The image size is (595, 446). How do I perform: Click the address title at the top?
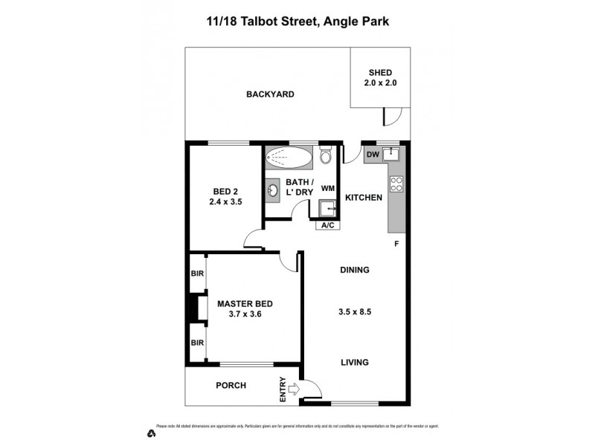[x=297, y=22]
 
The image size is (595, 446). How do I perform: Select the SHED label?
[x=379, y=72]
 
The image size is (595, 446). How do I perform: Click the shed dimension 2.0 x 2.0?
[x=379, y=83]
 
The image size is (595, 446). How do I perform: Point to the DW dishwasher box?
[x=373, y=155]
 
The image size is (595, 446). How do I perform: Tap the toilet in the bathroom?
[x=325, y=158]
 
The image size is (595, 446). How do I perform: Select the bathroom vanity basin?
[x=274, y=192]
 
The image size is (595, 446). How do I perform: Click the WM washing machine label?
[x=327, y=189]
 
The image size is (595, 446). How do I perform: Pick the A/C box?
[x=327, y=225]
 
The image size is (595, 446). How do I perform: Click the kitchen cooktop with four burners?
[x=396, y=184]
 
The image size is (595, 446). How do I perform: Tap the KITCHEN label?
[x=364, y=198]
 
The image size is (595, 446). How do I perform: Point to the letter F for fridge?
[x=397, y=243]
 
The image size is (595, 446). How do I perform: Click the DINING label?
[x=355, y=270]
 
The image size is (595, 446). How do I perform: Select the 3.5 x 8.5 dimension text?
[x=355, y=312]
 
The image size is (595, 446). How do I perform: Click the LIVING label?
[x=355, y=362]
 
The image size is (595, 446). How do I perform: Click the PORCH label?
[x=231, y=385]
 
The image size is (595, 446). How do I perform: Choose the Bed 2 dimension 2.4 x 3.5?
[x=225, y=201]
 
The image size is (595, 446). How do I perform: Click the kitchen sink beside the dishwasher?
[x=393, y=155]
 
